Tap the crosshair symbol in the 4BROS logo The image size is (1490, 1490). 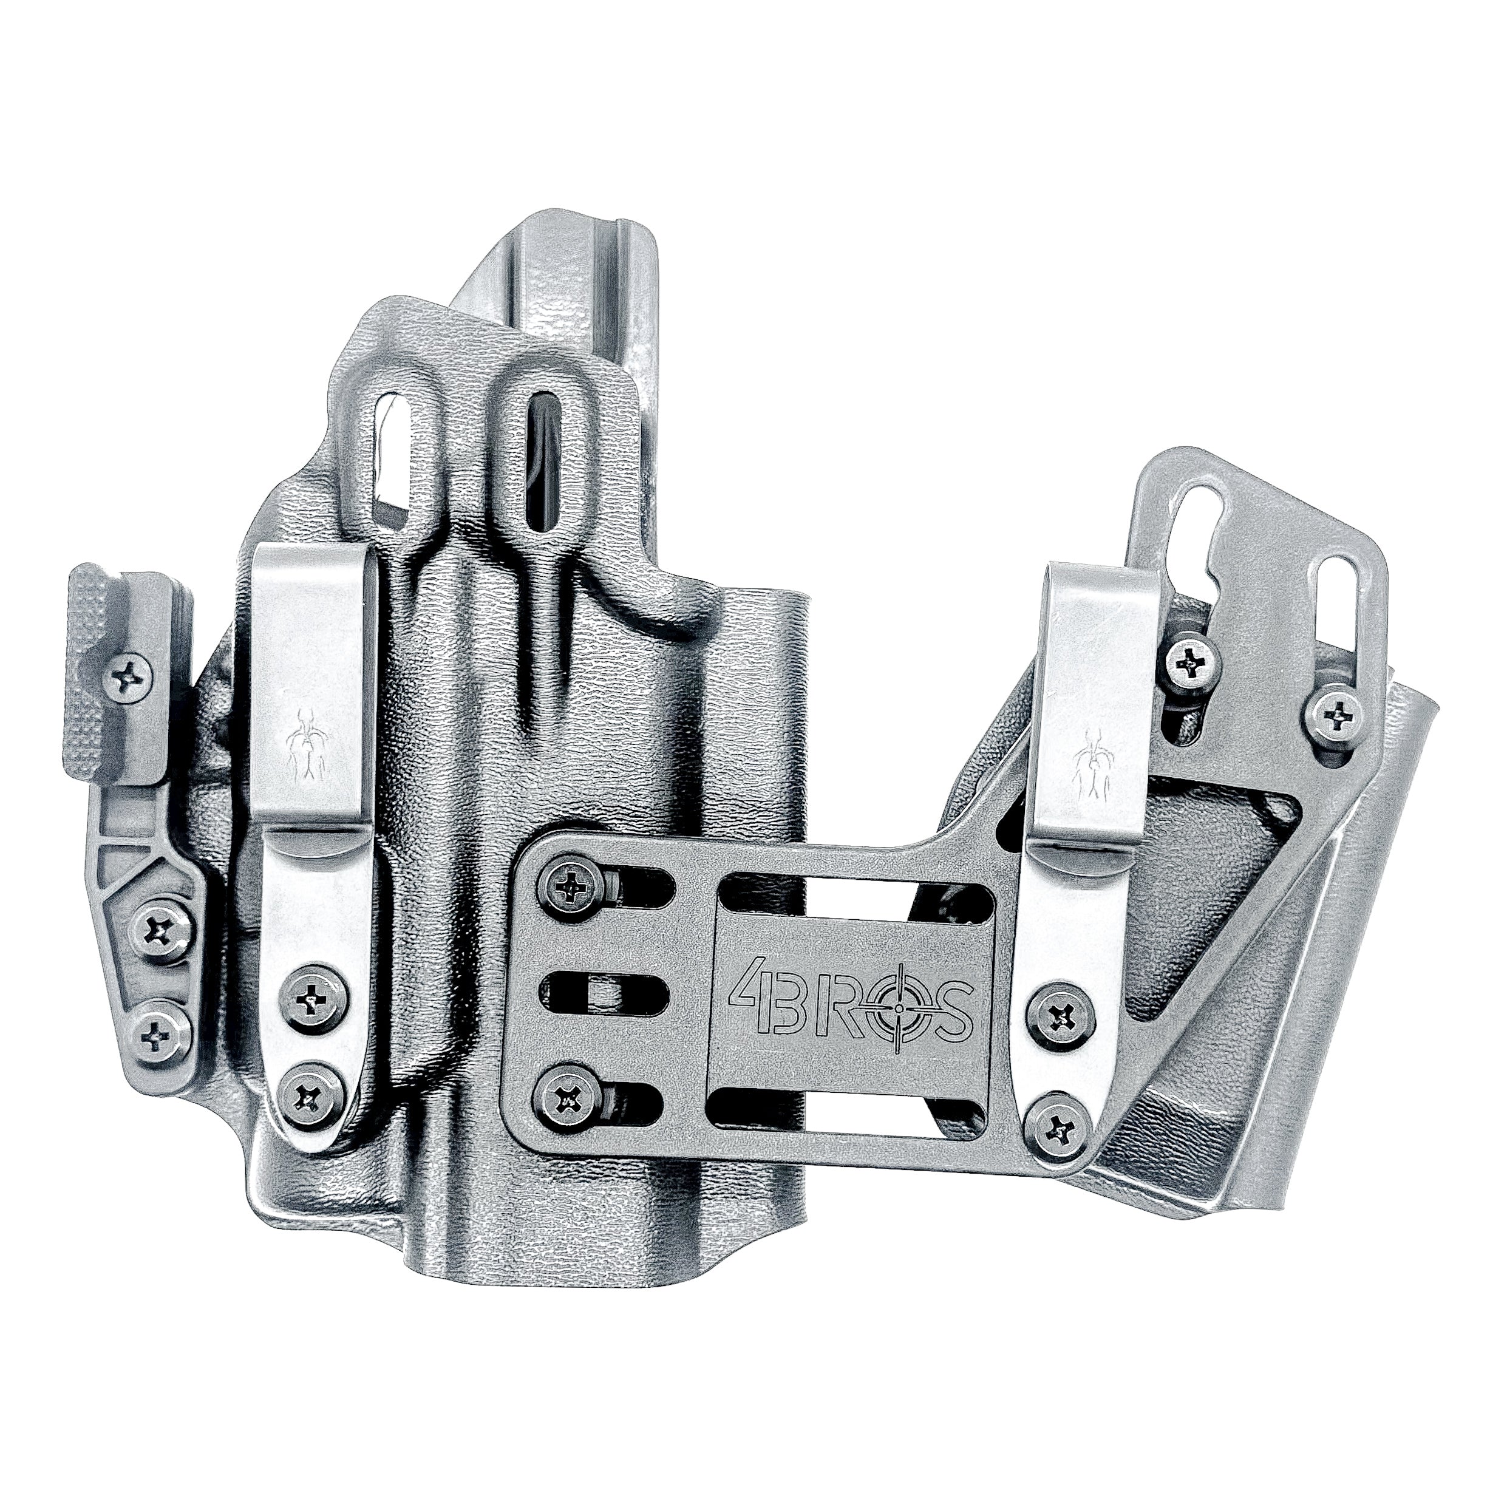902,1010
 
